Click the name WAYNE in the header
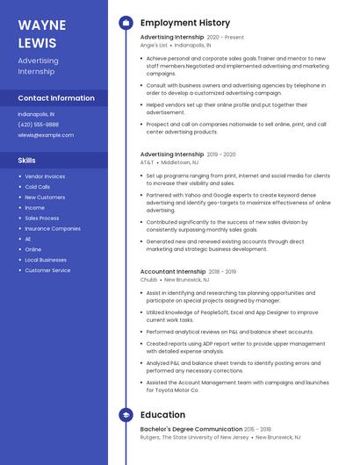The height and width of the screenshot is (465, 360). [41, 25]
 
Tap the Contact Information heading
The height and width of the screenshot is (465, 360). [56, 98]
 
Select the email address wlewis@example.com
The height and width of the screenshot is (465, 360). [46, 135]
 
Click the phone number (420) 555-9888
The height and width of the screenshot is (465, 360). [40, 125]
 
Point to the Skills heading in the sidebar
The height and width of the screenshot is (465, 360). [27, 161]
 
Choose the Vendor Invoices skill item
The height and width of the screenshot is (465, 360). [45, 176]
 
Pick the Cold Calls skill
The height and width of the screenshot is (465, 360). [38, 187]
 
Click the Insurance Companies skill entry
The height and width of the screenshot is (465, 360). [53, 228]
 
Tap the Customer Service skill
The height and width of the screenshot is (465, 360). [47, 270]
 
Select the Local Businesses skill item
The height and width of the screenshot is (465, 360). [46, 260]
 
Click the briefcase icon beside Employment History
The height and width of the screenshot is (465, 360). [126, 23]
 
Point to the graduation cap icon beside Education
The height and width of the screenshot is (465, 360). [126, 414]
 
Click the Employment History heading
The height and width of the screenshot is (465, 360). [185, 23]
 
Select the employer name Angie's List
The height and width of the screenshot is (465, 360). [153, 45]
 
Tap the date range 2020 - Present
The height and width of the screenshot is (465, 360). [226, 38]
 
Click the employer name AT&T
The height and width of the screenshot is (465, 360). [147, 162]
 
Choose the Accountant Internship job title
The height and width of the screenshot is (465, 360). [173, 272]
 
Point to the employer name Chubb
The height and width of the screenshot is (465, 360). [148, 280]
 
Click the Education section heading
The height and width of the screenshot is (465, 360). [162, 414]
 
